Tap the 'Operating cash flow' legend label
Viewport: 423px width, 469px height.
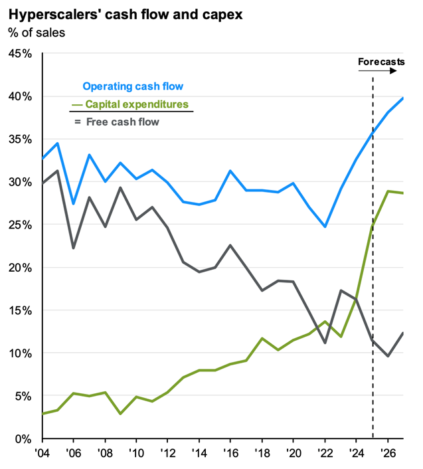pyautogui.click(x=133, y=86)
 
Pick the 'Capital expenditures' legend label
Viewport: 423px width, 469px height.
pyautogui.click(x=135, y=104)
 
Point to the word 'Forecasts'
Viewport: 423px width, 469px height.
pyautogui.click(x=381, y=62)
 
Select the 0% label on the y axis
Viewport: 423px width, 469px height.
pyautogui.click(x=23, y=439)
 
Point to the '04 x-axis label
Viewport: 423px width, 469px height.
pyautogui.click(x=42, y=452)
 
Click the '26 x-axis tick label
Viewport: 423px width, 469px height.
pyautogui.click(x=389, y=452)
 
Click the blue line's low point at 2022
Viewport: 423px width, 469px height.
pyautogui.click(x=325, y=227)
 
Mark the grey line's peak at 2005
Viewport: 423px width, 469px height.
pyautogui.click(x=58, y=171)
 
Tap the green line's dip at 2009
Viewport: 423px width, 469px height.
pyautogui.click(x=121, y=414)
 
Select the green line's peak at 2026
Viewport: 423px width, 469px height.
pyautogui.click(x=388, y=191)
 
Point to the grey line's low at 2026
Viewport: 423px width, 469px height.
pyautogui.click(x=388, y=356)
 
